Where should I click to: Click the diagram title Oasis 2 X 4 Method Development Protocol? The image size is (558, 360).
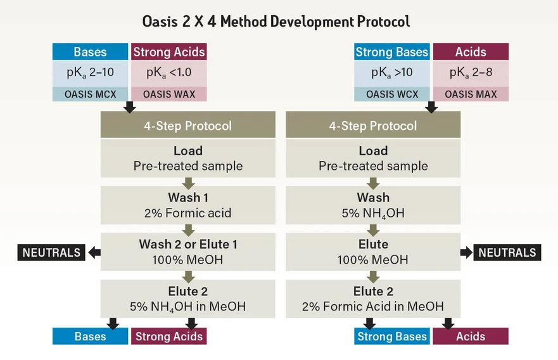[276, 21]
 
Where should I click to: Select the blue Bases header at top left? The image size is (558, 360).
[90, 52]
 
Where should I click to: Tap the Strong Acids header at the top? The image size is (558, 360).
[168, 52]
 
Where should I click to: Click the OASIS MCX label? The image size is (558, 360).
[90, 94]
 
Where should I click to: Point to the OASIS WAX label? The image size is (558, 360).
[168, 94]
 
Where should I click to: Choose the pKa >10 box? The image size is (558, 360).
[391, 73]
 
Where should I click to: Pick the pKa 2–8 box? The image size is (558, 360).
[471, 73]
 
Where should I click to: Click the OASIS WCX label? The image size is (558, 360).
[391, 94]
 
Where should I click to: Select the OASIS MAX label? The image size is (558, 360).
[471, 94]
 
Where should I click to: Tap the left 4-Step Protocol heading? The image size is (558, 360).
[187, 125]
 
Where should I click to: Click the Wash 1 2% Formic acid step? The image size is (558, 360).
[187, 205]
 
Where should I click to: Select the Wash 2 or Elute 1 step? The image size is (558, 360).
[187, 252]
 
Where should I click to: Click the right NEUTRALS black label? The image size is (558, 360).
[507, 252]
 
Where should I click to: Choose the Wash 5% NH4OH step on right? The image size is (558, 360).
[373, 205]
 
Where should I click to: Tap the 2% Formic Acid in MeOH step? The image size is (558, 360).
[373, 299]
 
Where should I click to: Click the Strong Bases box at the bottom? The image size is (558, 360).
[391, 336]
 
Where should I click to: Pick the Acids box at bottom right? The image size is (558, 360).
[471, 336]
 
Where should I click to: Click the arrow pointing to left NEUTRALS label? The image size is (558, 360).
[94, 252]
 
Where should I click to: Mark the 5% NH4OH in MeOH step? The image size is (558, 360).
[187, 299]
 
